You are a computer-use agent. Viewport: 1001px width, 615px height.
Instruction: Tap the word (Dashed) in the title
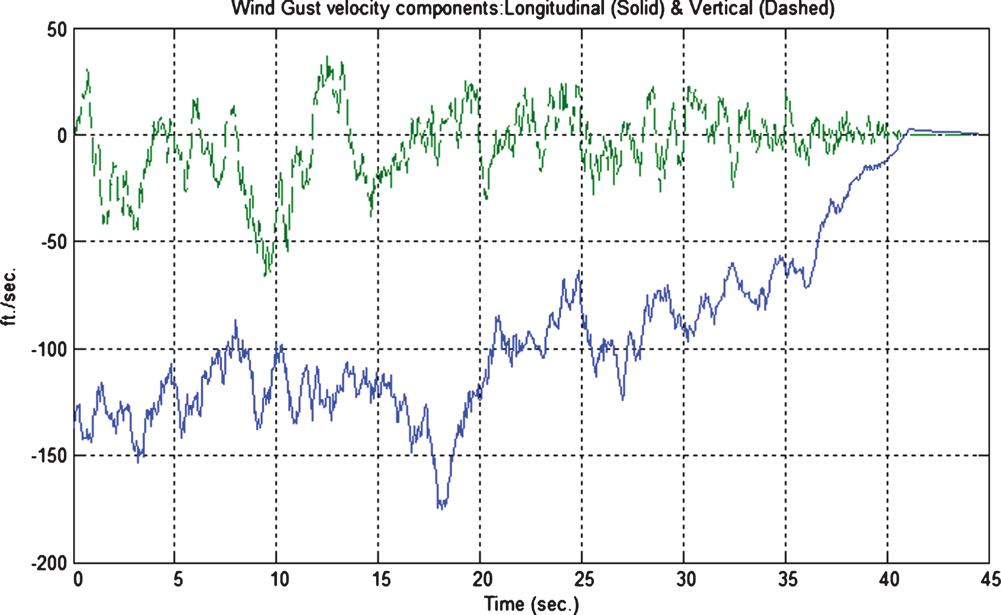click(797, 8)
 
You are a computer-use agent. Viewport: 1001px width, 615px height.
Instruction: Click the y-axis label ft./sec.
click(9, 297)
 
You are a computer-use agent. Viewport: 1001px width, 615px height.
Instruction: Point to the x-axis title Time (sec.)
click(531, 604)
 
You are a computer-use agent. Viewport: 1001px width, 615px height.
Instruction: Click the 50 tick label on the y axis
click(57, 30)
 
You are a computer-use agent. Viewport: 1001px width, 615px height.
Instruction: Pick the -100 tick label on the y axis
click(50, 349)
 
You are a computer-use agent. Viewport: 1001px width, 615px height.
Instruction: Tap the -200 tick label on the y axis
click(50, 564)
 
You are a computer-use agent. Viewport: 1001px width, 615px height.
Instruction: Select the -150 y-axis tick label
click(50, 456)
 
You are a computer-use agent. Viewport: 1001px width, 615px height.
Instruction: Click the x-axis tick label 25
click(584, 579)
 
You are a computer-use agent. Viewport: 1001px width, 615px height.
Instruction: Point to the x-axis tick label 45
click(991, 579)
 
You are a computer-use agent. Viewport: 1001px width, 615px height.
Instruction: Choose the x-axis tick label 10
click(280, 579)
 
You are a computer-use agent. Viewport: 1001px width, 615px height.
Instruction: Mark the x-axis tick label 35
click(787, 579)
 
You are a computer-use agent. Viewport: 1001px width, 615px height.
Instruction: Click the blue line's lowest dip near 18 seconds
click(441, 508)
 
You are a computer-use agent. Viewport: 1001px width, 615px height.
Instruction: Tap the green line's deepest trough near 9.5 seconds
click(265, 275)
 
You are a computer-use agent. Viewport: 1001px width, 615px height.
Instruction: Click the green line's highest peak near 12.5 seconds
click(327, 57)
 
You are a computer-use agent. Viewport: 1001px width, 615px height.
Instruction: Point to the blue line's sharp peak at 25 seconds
click(579, 271)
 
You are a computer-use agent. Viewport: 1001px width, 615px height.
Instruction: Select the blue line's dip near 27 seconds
click(623, 399)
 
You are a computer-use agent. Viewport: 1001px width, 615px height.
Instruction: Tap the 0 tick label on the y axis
click(63, 136)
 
